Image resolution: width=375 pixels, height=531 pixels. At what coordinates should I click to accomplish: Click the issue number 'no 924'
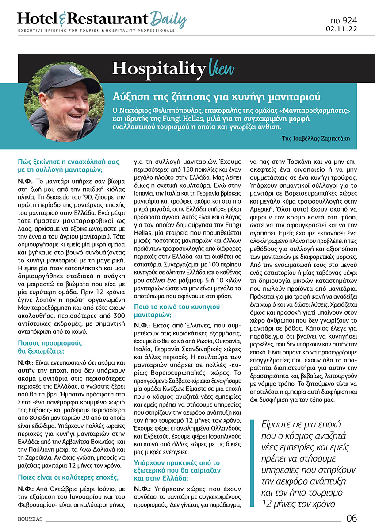coord(344,21)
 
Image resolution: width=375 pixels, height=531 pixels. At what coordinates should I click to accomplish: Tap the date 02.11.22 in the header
coord(344,29)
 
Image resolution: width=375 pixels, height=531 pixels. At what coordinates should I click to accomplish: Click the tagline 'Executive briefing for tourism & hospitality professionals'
coord(96,31)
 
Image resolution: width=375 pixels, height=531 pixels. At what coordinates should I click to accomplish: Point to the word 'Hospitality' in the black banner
coord(158,69)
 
